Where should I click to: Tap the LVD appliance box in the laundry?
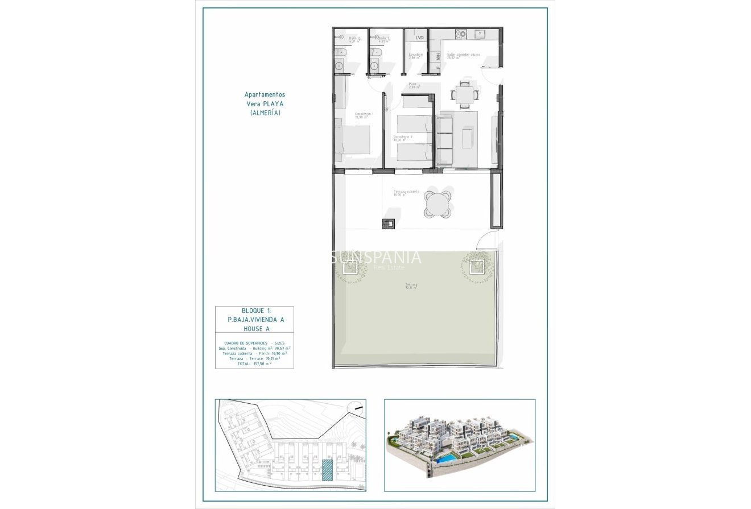coord(420,38)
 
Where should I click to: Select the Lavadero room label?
coord(415,56)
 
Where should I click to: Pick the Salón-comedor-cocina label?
coord(463,56)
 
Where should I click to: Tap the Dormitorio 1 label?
coord(364,115)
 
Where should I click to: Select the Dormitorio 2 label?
coord(403,138)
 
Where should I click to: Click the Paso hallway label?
coord(413,85)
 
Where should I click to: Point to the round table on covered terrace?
coord(438,204)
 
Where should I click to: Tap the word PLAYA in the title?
coord(274,104)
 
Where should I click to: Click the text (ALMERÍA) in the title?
coord(265,113)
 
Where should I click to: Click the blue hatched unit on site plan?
coord(327,470)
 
